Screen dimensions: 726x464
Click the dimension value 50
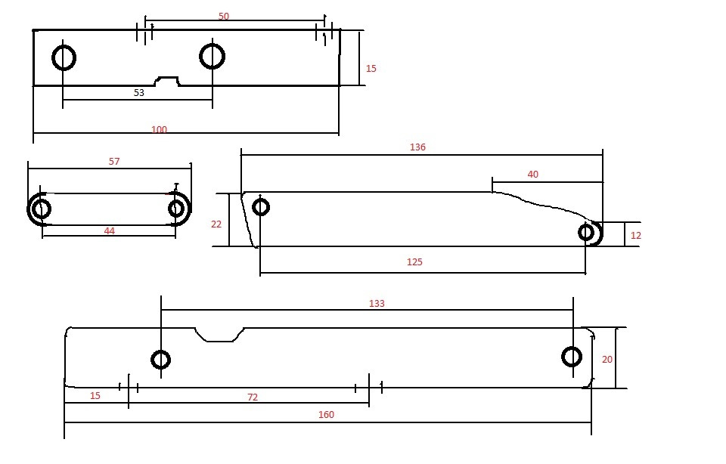coord(224,16)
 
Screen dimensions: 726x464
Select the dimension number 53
coord(139,92)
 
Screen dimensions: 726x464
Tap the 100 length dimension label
coord(159,129)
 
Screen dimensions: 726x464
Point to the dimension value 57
coord(114,162)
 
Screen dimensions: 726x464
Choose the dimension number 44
coord(109,230)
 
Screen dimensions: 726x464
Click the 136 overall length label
coord(417,147)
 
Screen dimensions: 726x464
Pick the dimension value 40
coord(533,175)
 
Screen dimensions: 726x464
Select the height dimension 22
coord(216,224)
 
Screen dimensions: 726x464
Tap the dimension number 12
coord(636,236)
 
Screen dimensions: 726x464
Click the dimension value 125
coord(414,261)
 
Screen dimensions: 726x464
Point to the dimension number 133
coord(377,304)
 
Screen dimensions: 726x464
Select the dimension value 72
coord(253,397)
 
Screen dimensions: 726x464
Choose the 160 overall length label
coord(326,415)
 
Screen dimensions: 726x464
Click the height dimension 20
coord(607,360)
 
